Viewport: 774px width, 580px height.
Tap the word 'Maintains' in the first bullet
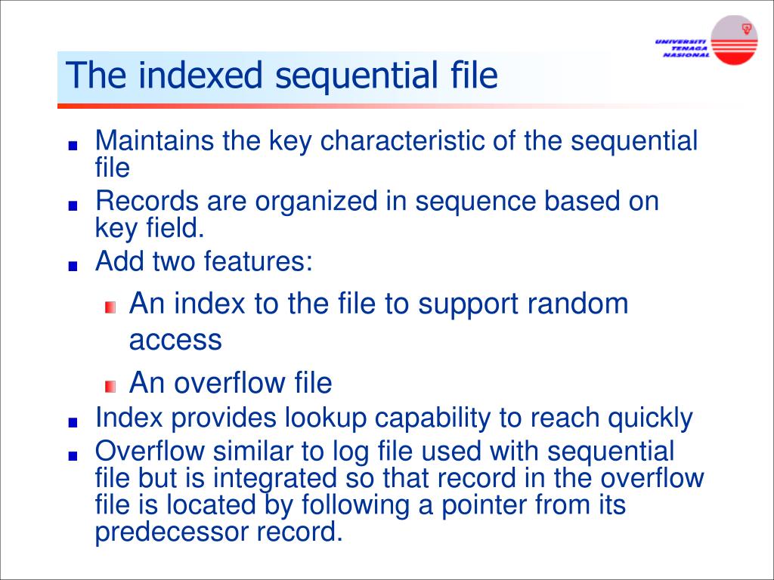point(154,141)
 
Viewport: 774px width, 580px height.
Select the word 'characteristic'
point(402,141)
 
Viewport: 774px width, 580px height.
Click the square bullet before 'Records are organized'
point(72,205)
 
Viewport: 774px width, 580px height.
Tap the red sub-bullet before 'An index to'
point(111,307)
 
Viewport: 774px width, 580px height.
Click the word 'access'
point(175,340)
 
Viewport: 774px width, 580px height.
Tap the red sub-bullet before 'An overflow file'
point(111,386)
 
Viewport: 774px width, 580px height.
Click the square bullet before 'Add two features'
point(72,266)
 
